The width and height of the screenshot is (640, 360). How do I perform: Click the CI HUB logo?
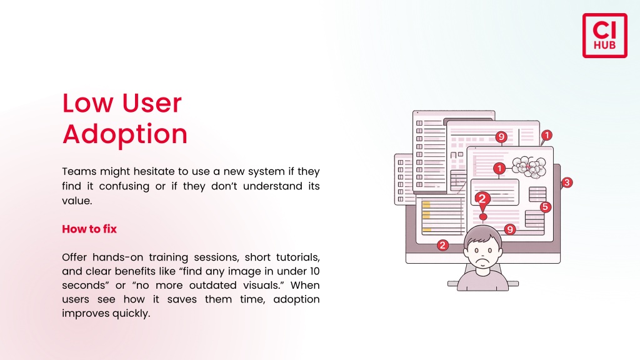(604, 36)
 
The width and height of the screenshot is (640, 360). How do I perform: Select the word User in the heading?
(151, 103)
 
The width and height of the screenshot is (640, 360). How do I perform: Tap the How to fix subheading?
(89, 229)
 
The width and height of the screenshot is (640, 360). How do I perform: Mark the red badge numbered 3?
(567, 182)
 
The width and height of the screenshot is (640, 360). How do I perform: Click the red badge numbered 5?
(546, 207)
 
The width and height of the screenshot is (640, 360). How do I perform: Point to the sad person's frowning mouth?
(483, 259)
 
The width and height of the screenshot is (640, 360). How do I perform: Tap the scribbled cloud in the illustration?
(529, 167)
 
